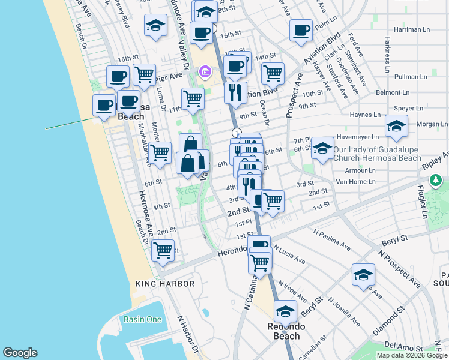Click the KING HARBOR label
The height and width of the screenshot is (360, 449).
point(165,284)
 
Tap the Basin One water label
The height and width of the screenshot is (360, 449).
point(142,319)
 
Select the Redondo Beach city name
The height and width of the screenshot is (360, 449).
point(286,331)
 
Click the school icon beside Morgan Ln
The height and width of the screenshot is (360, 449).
point(396,126)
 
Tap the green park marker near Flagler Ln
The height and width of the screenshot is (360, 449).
point(434,179)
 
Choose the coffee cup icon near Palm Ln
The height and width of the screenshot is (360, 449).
point(301,30)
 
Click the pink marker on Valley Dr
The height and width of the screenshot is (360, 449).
point(205,73)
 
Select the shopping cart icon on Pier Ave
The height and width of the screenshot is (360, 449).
point(144,75)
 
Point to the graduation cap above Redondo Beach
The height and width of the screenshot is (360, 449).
point(286,311)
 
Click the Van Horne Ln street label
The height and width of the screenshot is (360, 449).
point(354,181)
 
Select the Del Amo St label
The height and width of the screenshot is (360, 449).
point(400,346)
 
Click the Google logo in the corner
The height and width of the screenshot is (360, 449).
point(20,353)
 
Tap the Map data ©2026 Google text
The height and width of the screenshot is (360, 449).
point(411,355)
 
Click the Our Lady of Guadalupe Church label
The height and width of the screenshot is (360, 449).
point(378,154)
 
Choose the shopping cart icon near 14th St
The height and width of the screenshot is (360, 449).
point(273,74)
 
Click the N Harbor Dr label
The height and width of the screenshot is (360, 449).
point(187,334)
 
